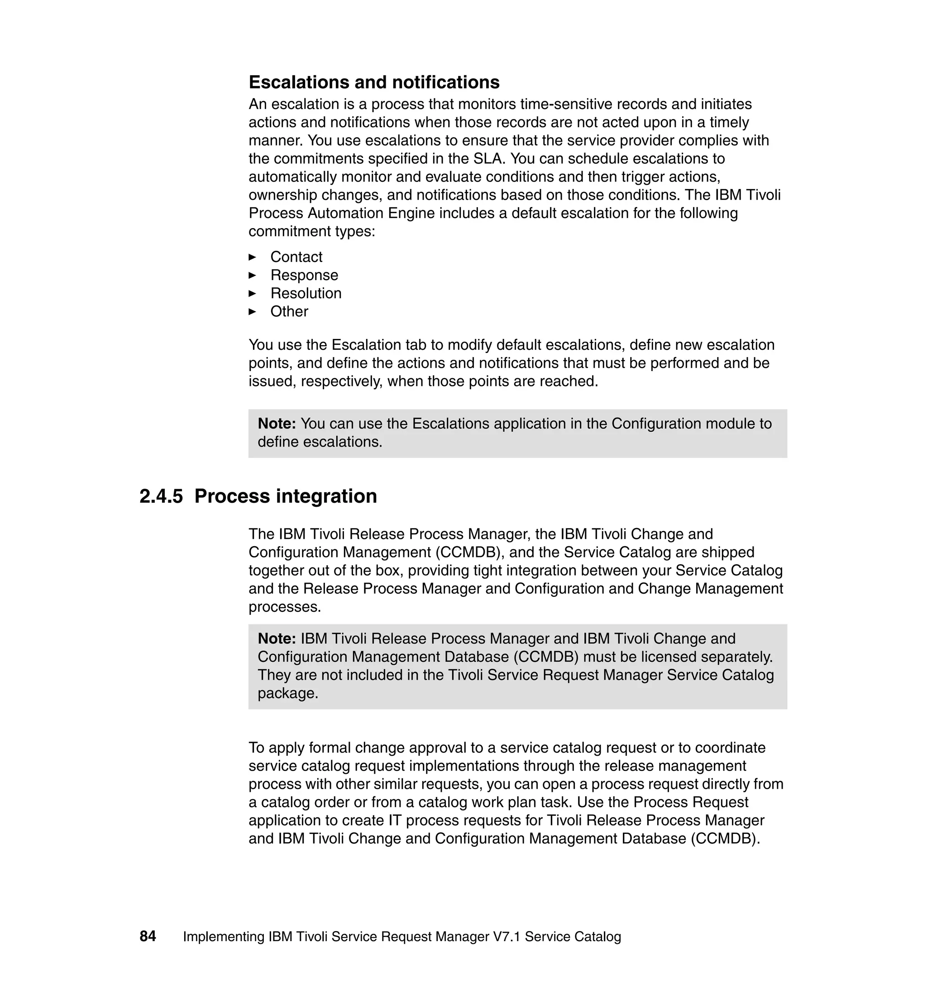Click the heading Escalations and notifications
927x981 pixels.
tap(374, 82)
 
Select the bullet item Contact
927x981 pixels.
tap(296, 257)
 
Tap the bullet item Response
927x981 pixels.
tap(304, 275)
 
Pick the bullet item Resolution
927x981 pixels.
tap(306, 293)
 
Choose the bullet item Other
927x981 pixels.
tap(289, 312)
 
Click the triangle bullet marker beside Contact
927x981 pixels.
tap(252, 257)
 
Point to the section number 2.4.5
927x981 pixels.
tap(161, 496)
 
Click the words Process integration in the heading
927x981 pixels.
tap(285, 496)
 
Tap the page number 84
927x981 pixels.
tap(148, 936)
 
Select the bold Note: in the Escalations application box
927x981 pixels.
tap(277, 424)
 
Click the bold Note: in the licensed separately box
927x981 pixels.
tap(277, 638)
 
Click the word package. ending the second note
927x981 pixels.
tap(287, 694)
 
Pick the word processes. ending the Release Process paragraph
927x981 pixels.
tap(285, 607)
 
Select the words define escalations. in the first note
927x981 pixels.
tap(320, 442)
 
